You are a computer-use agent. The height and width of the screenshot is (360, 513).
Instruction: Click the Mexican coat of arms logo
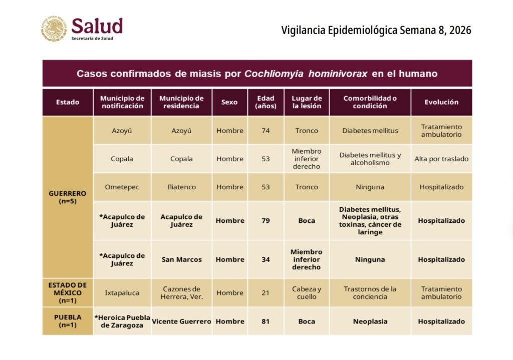click(54, 28)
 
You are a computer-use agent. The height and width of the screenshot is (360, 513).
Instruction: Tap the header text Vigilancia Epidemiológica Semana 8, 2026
click(376, 30)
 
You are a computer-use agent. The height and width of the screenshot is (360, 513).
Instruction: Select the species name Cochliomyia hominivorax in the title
click(306, 74)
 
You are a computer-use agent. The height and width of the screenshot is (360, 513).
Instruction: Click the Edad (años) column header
click(266, 102)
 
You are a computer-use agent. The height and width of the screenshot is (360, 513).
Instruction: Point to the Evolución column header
click(441, 102)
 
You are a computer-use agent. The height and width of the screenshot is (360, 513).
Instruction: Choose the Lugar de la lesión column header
click(307, 102)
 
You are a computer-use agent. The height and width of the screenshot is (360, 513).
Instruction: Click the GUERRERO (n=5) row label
click(68, 197)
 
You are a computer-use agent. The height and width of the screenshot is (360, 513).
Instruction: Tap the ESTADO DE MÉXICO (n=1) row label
click(68, 293)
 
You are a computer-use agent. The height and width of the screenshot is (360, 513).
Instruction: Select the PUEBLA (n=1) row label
click(68, 321)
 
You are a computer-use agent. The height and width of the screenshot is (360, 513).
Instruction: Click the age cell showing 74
click(266, 131)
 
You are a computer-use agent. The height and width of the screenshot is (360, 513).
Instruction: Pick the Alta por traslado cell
click(441, 159)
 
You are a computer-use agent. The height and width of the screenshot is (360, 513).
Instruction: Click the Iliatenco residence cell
click(181, 187)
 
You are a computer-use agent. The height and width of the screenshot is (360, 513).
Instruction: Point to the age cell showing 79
click(266, 221)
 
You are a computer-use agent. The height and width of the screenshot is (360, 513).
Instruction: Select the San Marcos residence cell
click(181, 259)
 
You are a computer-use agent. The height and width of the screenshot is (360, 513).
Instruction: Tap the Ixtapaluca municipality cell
click(122, 293)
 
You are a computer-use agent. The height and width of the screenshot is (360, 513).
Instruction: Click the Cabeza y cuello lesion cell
click(307, 293)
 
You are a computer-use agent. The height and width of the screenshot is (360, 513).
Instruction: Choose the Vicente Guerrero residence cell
click(181, 321)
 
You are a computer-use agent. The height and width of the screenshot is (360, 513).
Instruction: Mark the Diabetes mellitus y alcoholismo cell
click(370, 159)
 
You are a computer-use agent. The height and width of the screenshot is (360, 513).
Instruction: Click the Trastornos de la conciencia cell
click(370, 293)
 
